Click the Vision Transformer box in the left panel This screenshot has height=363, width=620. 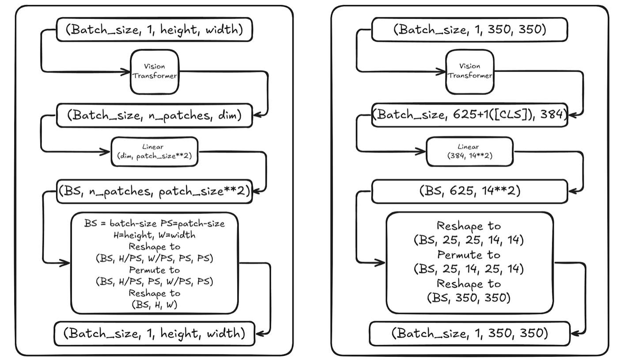[x=155, y=71]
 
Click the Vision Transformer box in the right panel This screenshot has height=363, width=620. [x=470, y=71]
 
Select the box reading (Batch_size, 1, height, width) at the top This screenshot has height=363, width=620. [x=154, y=30]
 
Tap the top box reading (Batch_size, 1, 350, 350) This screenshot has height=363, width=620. [x=470, y=30]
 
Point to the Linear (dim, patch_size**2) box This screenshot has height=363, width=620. [x=155, y=152]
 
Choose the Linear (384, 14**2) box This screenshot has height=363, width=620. [x=470, y=152]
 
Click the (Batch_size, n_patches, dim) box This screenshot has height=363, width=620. [x=154, y=115]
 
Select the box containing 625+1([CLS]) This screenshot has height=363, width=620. [x=470, y=115]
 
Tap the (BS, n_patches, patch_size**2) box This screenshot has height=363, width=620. [x=154, y=191]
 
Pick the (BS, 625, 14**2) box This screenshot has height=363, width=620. [x=470, y=191]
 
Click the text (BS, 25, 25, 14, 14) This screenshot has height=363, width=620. [x=469, y=240]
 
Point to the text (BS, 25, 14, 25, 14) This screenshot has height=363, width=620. [x=469, y=269]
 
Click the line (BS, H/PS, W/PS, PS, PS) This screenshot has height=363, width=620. [x=154, y=258]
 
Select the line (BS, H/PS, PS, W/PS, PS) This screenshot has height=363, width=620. [x=154, y=281]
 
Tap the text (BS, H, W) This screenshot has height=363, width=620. [x=154, y=304]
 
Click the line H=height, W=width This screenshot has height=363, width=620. [x=154, y=235]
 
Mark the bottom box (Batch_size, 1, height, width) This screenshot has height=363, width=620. [x=154, y=333]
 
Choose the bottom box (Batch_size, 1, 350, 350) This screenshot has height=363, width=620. [x=470, y=333]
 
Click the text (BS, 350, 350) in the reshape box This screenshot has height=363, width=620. [x=469, y=298]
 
